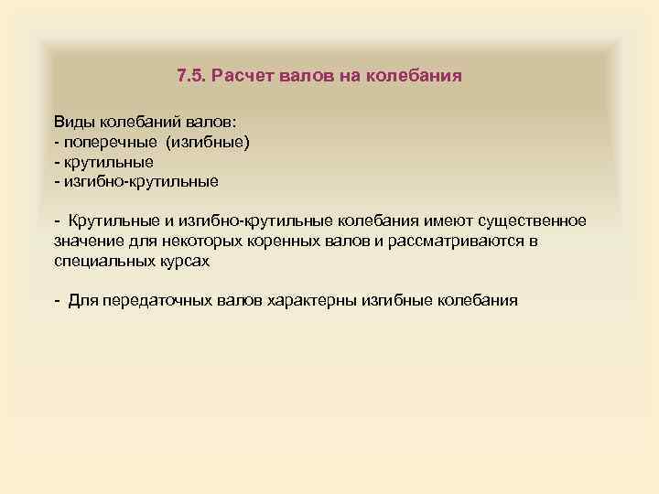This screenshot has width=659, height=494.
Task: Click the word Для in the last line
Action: point(81,300)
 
